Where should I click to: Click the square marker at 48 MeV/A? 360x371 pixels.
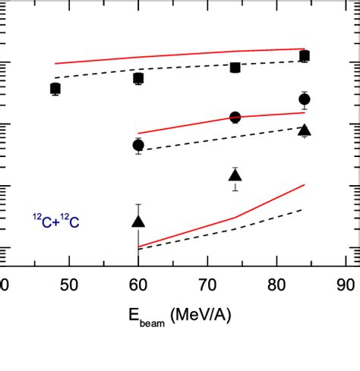coord(55,89)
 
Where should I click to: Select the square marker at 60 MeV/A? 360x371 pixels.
coord(138,78)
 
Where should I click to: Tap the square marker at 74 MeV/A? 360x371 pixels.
coord(235,68)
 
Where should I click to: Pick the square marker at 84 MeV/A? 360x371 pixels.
coord(305,56)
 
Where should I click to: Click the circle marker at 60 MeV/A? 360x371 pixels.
coord(138,145)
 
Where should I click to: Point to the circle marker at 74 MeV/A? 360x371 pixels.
coord(235,118)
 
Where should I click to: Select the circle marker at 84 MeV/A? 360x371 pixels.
coord(305,99)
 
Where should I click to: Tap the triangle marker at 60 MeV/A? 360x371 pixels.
coord(138,221)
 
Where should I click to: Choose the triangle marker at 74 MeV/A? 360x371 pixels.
coord(235,176)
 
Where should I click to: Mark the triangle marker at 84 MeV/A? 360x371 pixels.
coord(305,130)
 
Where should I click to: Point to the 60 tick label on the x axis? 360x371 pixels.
coord(138,285)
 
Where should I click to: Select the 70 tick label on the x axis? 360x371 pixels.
coord(207,285)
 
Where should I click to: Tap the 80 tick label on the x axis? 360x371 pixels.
coord(276,285)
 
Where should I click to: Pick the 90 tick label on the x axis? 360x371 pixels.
coord(346,285)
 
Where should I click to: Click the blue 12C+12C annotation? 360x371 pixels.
coord(55,221)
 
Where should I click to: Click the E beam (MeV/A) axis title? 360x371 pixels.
coord(175,315)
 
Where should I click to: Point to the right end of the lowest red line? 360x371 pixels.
coord(305,184)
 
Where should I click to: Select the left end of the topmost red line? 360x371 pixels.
coord(55,64)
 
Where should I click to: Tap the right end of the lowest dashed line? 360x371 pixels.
coord(305,209)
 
